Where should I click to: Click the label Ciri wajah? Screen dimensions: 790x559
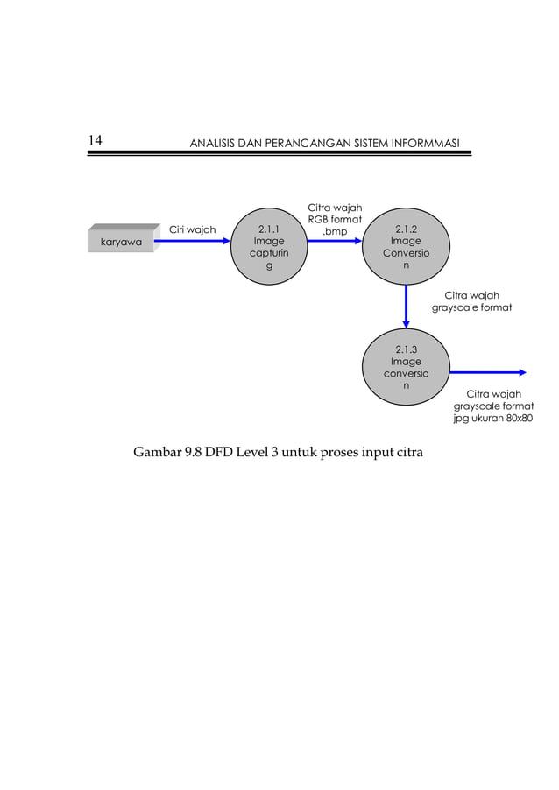[192, 230]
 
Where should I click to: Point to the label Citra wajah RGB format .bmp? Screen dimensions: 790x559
[334, 219]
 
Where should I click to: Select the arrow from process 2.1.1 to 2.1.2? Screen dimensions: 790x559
[334, 242]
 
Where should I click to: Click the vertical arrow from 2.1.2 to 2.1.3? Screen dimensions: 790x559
[406, 307]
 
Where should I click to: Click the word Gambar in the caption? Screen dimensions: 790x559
[157, 453]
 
